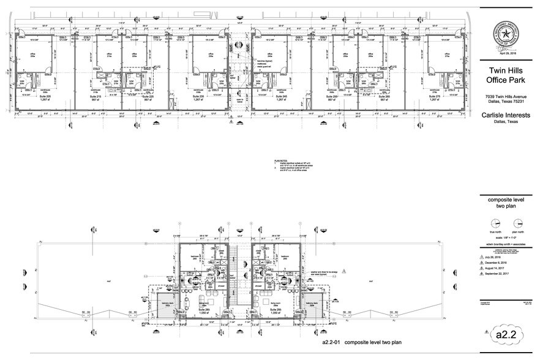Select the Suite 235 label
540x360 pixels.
pyautogui.click(x=199, y=97)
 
